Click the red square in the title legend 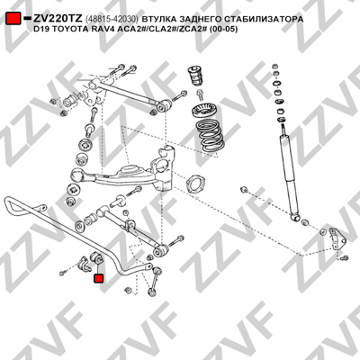click(x=13, y=19)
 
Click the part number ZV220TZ click(x=58, y=19)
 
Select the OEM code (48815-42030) click(x=112, y=19)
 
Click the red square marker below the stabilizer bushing click(x=98, y=278)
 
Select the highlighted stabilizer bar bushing click(x=97, y=258)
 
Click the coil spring click(x=210, y=135)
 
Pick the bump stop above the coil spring click(x=194, y=76)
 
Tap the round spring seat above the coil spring click(x=203, y=111)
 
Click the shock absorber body click(x=289, y=174)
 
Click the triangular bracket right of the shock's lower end click(x=336, y=238)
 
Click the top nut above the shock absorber click(x=275, y=67)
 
